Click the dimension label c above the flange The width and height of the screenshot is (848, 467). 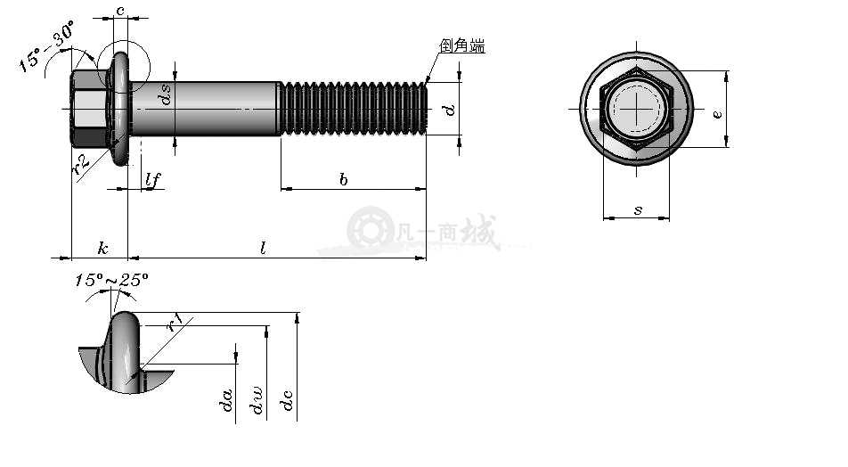pyautogui.click(x=120, y=11)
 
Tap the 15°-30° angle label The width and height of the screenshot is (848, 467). pyautogui.click(x=46, y=46)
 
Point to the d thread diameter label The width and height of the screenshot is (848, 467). pyautogui.click(x=449, y=110)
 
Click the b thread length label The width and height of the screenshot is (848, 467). pyautogui.click(x=344, y=179)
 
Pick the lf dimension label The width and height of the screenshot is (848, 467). pyautogui.click(x=153, y=179)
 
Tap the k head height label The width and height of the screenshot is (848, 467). pyautogui.click(x=102, y=249)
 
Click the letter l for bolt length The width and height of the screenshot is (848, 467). pyautogui.click(x=264, y=249)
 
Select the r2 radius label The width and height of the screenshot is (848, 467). pyautogui.click(x=80, y=165)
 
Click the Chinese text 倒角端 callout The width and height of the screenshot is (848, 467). pyautogui.click(x=461, y=45)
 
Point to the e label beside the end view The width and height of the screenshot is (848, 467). pyautogui.click(x=717, y=114)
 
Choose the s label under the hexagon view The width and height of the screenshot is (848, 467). pyautogui.click(x=638, y=209)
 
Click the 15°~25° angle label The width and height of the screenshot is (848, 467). pyautogui.click(x=110, y=280)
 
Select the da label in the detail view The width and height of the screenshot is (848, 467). pyautogui.click(x=228, y=400)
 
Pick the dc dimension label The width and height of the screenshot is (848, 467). pyautogui.click(x=287, y=400)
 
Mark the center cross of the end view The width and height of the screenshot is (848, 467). pyautogui.click(x=637, y=109)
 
